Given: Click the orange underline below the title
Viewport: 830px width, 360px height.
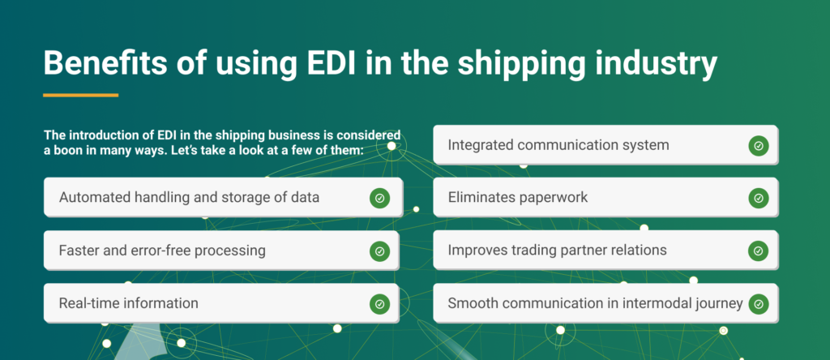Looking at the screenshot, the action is coord(80,96).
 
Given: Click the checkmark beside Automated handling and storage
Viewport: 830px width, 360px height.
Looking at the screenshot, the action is coord(379,198).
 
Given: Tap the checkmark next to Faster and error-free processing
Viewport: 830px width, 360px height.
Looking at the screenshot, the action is coord(379,251).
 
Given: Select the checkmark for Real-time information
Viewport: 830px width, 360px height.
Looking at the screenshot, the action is coord(379,304).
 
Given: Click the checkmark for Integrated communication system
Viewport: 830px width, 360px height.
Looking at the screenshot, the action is coord(758,146).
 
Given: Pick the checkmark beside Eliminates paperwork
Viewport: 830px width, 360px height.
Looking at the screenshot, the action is coord(758,198).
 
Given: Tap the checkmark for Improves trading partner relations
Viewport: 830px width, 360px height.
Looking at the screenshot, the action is coord(758,251).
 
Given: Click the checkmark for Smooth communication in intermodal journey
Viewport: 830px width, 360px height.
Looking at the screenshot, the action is coord(758,304).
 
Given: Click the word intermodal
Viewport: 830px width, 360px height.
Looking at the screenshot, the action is coord(653,303).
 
